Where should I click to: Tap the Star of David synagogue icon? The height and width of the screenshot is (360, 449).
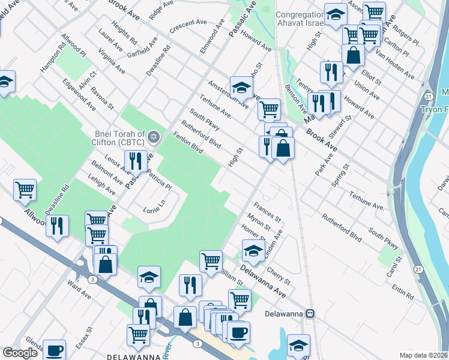pos(154,137)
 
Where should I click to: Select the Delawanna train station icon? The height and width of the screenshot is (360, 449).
pos(310,313)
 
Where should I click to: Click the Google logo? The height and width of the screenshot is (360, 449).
pos(20,353)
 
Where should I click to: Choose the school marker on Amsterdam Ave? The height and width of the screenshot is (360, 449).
pos(241,88)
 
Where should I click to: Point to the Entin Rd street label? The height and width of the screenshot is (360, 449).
pos(402,292)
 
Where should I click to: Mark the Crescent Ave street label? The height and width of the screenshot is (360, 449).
pos(184,28)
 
